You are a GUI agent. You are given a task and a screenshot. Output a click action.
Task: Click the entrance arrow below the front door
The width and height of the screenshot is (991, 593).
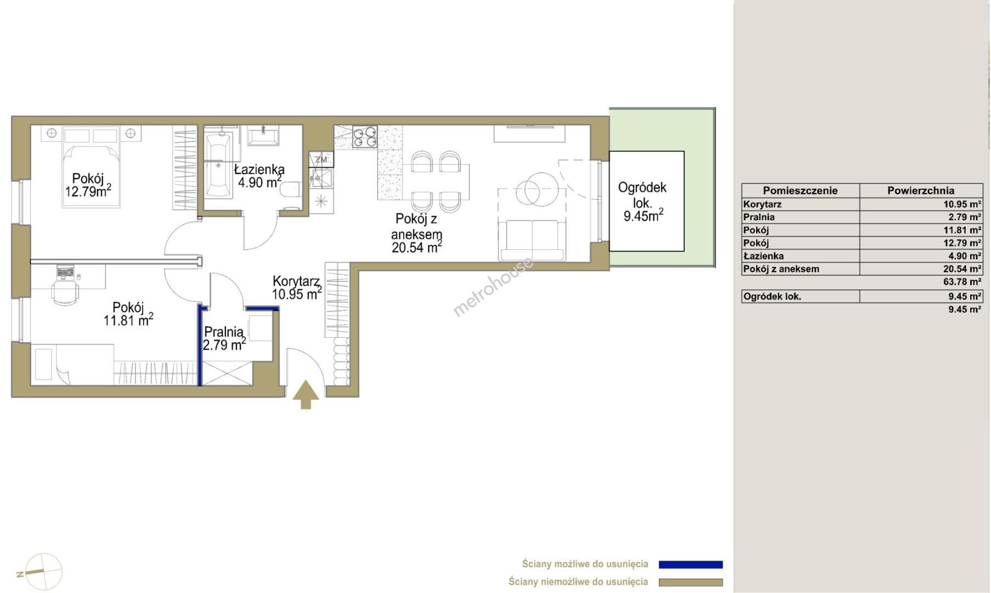pos(306,395)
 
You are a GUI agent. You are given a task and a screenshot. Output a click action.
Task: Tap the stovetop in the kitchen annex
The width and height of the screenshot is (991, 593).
pos(364,137)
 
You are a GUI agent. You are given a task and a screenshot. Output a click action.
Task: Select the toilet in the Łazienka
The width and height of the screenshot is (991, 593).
pos(290,190)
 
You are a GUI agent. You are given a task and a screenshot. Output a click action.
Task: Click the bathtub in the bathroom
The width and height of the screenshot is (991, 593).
pos(218,163)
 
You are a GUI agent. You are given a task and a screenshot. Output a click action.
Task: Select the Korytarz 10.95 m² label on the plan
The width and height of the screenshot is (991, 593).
pos(297,288)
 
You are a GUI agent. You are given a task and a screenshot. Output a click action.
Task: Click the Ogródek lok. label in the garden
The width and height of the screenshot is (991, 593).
pos(643,202)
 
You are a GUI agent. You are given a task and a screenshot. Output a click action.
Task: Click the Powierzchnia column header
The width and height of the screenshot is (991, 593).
pos(921,191)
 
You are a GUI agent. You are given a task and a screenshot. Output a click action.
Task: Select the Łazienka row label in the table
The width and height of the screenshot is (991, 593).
pos(763,256)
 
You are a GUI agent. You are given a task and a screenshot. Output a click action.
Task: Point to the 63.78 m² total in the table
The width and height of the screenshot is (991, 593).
pos(962,282)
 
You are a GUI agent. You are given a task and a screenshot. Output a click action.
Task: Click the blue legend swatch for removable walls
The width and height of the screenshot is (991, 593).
pos(690,564)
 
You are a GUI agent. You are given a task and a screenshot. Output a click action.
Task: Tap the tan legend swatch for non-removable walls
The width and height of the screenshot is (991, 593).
pos(690,582)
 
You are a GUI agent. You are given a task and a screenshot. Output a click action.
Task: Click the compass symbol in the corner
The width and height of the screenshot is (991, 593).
pos(41,572)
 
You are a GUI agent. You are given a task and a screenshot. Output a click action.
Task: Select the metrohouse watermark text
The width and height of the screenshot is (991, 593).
pos(493,287)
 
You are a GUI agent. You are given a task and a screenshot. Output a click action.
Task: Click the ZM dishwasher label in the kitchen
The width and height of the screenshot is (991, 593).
pos(321,160)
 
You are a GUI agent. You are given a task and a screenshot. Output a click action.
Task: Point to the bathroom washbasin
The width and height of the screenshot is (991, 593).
pos(263,135)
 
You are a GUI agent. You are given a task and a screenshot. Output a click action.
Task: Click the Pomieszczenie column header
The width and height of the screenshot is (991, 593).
pos(800,191)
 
